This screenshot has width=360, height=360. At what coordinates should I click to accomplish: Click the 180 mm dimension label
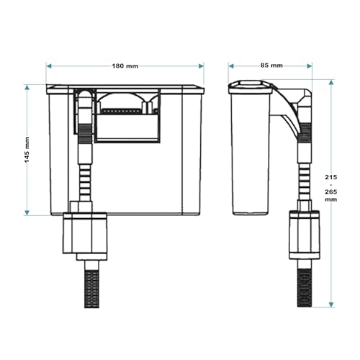125,66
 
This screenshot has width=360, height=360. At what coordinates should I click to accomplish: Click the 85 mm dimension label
271,66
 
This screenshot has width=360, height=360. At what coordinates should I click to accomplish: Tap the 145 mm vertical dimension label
27,150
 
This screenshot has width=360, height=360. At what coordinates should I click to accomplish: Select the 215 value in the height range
331,177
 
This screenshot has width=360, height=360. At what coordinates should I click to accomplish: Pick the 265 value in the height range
331,192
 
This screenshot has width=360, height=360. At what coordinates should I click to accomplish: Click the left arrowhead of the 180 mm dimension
49,66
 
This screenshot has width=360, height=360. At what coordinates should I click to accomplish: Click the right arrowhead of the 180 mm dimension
201,66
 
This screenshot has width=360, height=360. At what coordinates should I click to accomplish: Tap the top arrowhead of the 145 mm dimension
27,87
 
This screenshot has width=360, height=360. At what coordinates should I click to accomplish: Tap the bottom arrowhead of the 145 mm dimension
27,212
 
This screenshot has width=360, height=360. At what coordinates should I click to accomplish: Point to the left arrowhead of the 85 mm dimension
231,66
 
